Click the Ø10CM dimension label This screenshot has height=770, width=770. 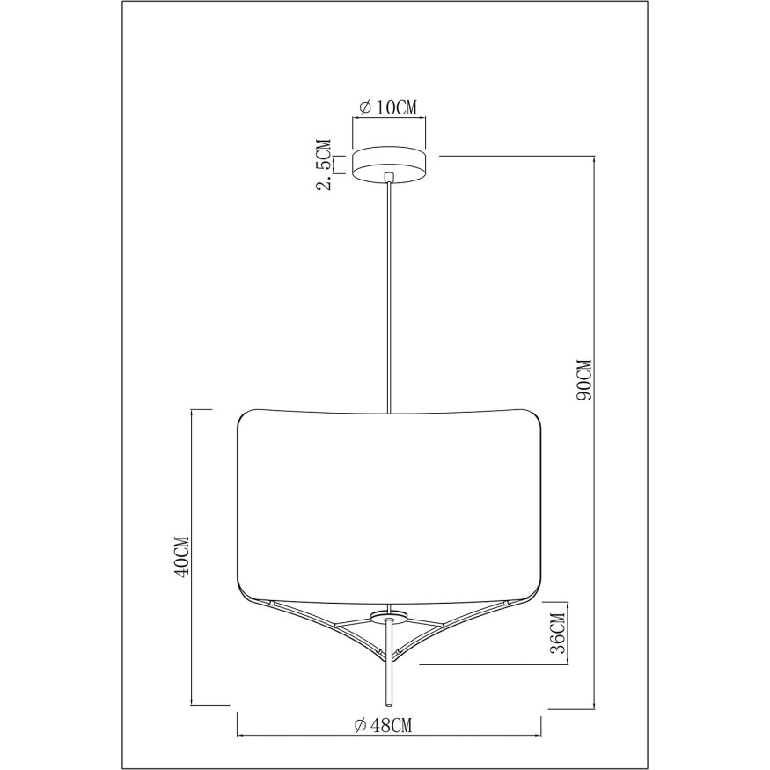tap(388, 108)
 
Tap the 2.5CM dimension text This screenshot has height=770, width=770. tap(325, 164)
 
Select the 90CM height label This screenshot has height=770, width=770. tap(583, 379)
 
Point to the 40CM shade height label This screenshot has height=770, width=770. tap(182, 557)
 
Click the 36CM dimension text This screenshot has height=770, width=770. tap(556, 633)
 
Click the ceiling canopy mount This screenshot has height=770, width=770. tap(388, 164)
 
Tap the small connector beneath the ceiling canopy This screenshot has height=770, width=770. tap(388, 179)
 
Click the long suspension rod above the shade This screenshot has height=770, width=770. tap(388, 299)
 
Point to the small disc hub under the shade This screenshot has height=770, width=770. tap(388, 615)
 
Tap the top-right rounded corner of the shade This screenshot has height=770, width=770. tap(531, 417)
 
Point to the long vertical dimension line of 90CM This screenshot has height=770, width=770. tap(596, 528)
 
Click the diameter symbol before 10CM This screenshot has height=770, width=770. tap(364, 108)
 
